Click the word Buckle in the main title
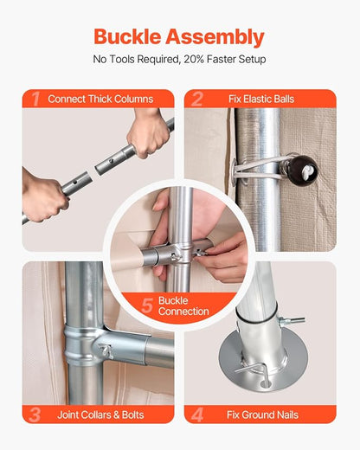[x=127, y=36]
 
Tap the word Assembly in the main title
[x=215, y=38]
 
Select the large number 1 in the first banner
[x=35, y=100]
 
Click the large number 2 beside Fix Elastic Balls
[x=197, y=100]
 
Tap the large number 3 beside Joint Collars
[x=35, y=415]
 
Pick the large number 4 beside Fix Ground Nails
[x=197, y=415]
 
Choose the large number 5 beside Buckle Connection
[x=147, y=305]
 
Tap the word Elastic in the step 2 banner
[x=257, y=100]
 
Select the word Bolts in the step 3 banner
[x=132, y=415]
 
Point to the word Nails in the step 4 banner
[x=287, y=415]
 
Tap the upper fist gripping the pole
[x=149, y=132]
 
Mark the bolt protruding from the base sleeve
[x=292, y=320]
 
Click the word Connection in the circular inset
[x=183, y=312]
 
